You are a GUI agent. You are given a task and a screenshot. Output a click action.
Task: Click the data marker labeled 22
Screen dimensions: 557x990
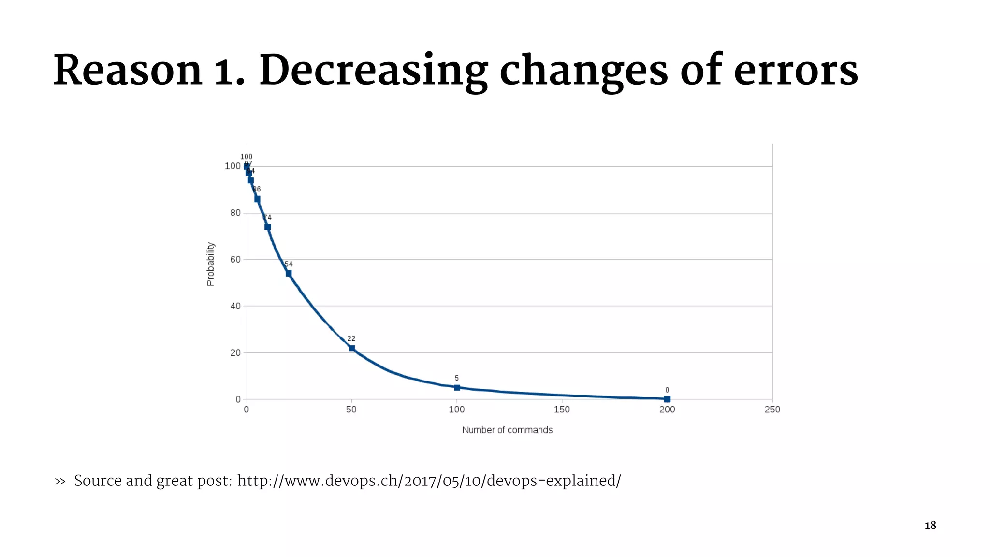click(351, 348)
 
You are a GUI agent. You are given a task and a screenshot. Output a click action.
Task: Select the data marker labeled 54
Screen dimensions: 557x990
click(289, 274)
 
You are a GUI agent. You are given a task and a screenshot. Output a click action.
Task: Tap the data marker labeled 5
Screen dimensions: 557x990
click(457, 387)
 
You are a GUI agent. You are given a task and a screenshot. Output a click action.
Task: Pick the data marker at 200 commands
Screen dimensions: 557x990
click(667, 399)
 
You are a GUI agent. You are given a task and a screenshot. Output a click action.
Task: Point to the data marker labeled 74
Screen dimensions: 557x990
click(268, 227)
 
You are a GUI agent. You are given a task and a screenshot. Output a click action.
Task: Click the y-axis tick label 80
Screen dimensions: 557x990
click(235, 213)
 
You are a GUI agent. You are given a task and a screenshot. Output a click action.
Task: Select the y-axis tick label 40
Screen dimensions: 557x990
click(235, 306)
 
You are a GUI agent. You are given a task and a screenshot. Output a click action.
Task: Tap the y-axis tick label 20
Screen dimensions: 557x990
click(235, 353)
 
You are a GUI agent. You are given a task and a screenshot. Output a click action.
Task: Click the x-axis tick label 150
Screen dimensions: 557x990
click(562, 410)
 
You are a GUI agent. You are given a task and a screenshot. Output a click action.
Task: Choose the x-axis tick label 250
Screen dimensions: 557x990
click(772, 410)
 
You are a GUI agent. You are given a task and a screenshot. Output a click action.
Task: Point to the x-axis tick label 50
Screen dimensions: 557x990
click(351, 410)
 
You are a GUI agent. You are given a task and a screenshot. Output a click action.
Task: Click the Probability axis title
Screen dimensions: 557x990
click(210, 264)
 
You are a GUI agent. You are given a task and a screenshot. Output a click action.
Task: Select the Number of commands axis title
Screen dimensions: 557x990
click(507, 430)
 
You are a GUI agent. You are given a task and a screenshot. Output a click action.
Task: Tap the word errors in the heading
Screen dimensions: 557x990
click(796, 72)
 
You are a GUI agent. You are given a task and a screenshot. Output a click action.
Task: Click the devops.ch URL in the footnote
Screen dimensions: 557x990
click(428, 481)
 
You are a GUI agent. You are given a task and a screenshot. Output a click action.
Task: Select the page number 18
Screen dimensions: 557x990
click(930, 526)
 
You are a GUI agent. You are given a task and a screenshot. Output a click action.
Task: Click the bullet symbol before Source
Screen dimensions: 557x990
click(60, 482)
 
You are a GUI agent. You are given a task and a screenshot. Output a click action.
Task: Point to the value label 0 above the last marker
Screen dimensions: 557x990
click(667, 390)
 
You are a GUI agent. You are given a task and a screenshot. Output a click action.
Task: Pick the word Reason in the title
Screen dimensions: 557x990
click(128, 72)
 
